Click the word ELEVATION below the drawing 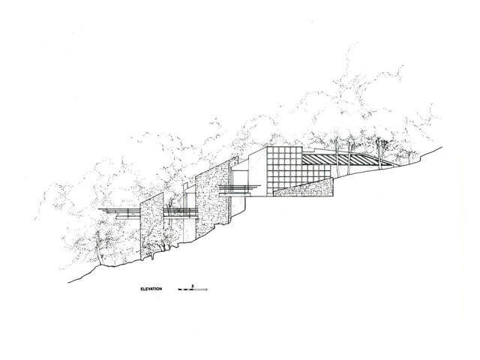click(151, 289)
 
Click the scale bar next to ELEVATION click(193, 289)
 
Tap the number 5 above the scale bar click(192, 286)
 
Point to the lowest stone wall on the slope click(151, 227)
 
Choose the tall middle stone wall click(212, 198)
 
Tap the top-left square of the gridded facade click(270, 150)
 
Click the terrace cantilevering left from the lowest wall click(119, 213)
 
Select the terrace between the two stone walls click(180, 213)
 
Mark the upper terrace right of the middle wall click(239, 189)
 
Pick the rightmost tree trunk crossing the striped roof click(379, 153)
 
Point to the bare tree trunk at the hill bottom click(99, 248)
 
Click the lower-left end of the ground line click(68, 282)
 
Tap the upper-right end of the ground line click(442, 147)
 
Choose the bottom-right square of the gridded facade click(328, 174)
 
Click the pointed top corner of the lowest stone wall click(163, 193)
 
